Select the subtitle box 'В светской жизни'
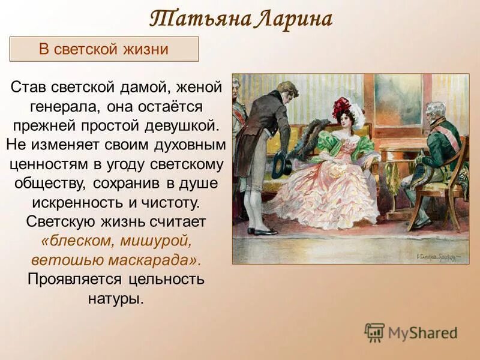pyautogui.click(x=104, y=49)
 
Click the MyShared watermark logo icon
pyautogui.click(x=374, y=332)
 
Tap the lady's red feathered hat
pyautogui.click(x=344, y=108)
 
